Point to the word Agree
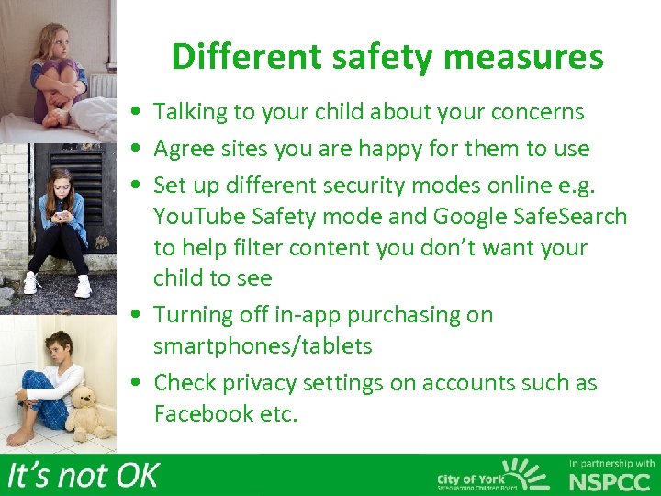pos(183,148)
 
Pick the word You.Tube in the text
pos(196,217)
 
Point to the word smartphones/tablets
pos(263,346)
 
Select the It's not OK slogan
pos(83,475)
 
